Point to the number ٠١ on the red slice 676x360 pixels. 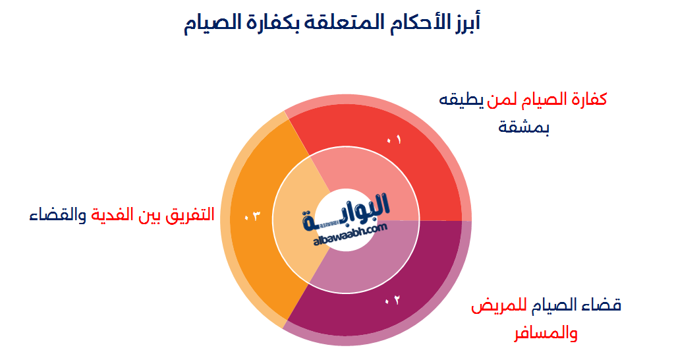click(393, 139)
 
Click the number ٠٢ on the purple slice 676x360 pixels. click(393, 301)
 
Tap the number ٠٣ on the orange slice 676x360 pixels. click(252, 216)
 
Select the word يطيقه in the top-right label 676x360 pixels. click(461, 100)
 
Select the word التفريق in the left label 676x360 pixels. click(190, 215)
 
